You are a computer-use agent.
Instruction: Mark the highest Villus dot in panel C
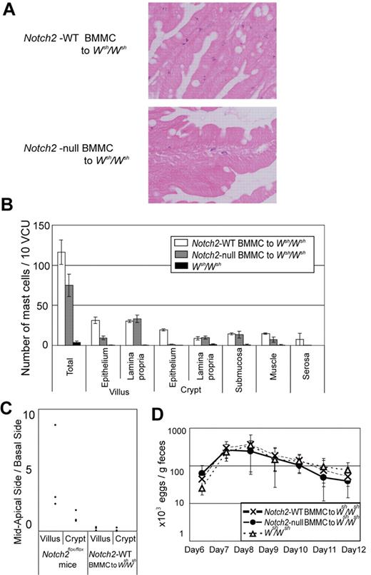click(55, 425)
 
